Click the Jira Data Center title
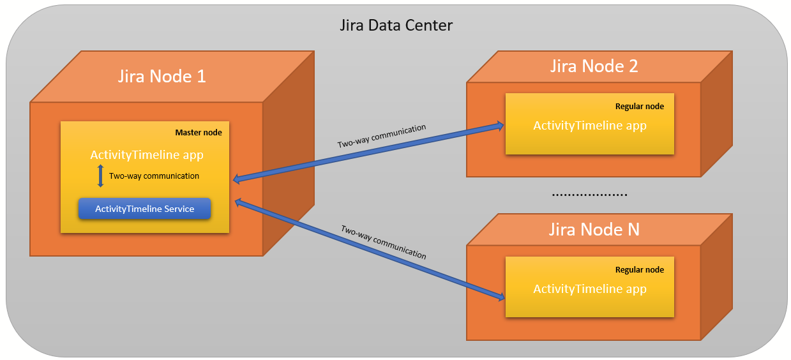pyautogui.click(x=395, y=26)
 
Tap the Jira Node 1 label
pyautogui.click(x=162, y=76)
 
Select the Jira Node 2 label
pyautogui.click(x=594, y=66)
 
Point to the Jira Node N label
pyautogui.click(x=594, y=229)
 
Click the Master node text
pyautogui.click(x=199, y=133)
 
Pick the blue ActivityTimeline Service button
pyautogui.click(x=144, y=209)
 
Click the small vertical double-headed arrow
pyautogui.click(x=100, y=176)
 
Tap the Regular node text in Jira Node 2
pyautogui.click(x=639, y=107)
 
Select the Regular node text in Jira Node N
pyautogui.click(x=639, y=270)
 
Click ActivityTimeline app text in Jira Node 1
pyautogui.click(x=147, y=155)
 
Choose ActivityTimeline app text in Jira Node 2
pyautogui.click(x=590, y=126)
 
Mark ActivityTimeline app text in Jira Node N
pyautogui.click(x=590, y=289)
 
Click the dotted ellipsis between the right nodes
pyautogui.click(x=589, y=194)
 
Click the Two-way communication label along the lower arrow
pyautogui.click(x=383, y=242)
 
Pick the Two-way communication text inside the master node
pyautogui.click(x=154, y=176)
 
